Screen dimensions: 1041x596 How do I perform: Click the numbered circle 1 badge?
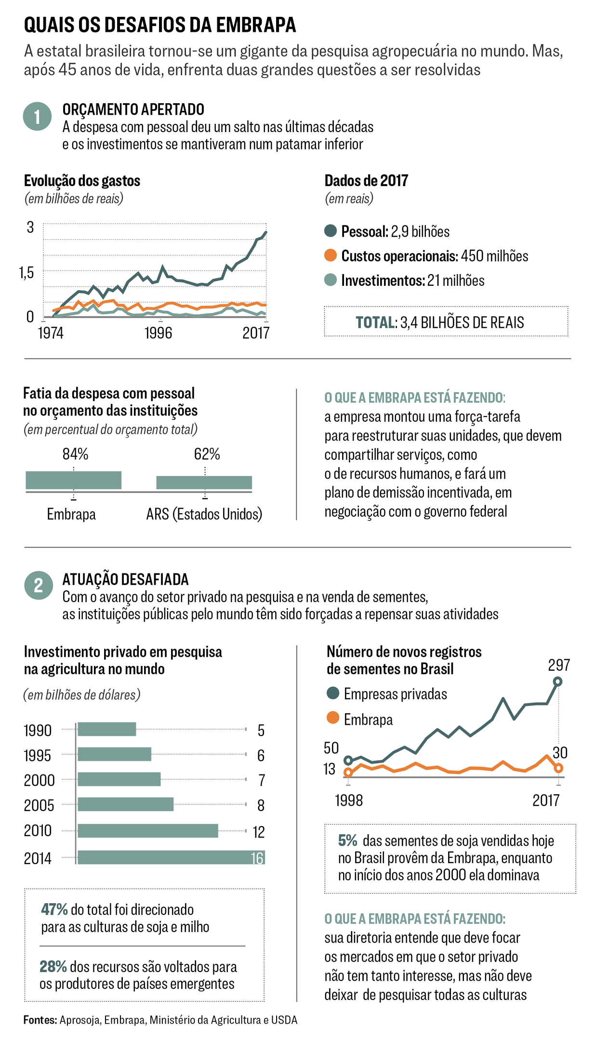point(37,117)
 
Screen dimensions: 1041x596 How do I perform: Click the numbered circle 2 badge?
point(39,585)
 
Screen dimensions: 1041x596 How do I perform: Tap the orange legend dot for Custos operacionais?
point(331,255)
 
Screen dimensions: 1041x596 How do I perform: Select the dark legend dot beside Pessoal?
point(331,231)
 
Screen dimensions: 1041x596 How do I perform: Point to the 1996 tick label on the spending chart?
point(158,333)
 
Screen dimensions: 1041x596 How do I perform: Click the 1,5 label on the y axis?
point(27,273)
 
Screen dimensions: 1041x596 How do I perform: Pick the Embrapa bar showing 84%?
point(73,480)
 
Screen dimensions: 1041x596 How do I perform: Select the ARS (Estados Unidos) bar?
point(204,482)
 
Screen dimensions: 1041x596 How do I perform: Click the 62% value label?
point(207,454)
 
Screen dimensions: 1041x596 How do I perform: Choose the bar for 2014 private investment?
point(171,857)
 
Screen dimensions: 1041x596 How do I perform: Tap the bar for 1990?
point(107,729)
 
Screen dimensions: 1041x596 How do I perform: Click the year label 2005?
point(39,805)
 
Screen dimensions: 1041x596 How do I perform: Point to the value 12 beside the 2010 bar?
point(259,832)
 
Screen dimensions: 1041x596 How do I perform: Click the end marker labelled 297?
point(558,681)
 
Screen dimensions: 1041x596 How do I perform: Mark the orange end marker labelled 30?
point(558,768)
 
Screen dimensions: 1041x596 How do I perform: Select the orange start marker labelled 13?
point(348,773)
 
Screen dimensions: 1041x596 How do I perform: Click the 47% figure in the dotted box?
point(54,910)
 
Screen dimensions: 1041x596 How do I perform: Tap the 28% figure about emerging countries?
point(53,967)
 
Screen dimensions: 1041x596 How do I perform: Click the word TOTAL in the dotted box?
point(375,322)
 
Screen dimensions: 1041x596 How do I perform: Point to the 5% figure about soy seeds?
point(347,841)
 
